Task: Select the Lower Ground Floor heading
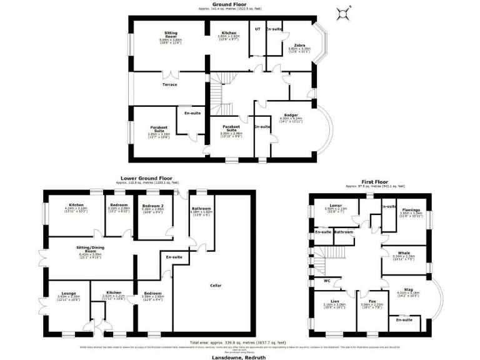click(146, 178)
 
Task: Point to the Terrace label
click(170, 84)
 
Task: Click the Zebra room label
click(296, 45)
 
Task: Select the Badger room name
click(291, 114)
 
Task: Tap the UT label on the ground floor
click(257, 29)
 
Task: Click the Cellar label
click(216, 286)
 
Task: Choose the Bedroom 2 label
click(152, 206)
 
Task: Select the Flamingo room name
click(411, 209)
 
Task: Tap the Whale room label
click(404, 252)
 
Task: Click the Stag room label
click(408, 289)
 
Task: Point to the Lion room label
click(335, 301)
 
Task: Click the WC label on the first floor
click(327, 280)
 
